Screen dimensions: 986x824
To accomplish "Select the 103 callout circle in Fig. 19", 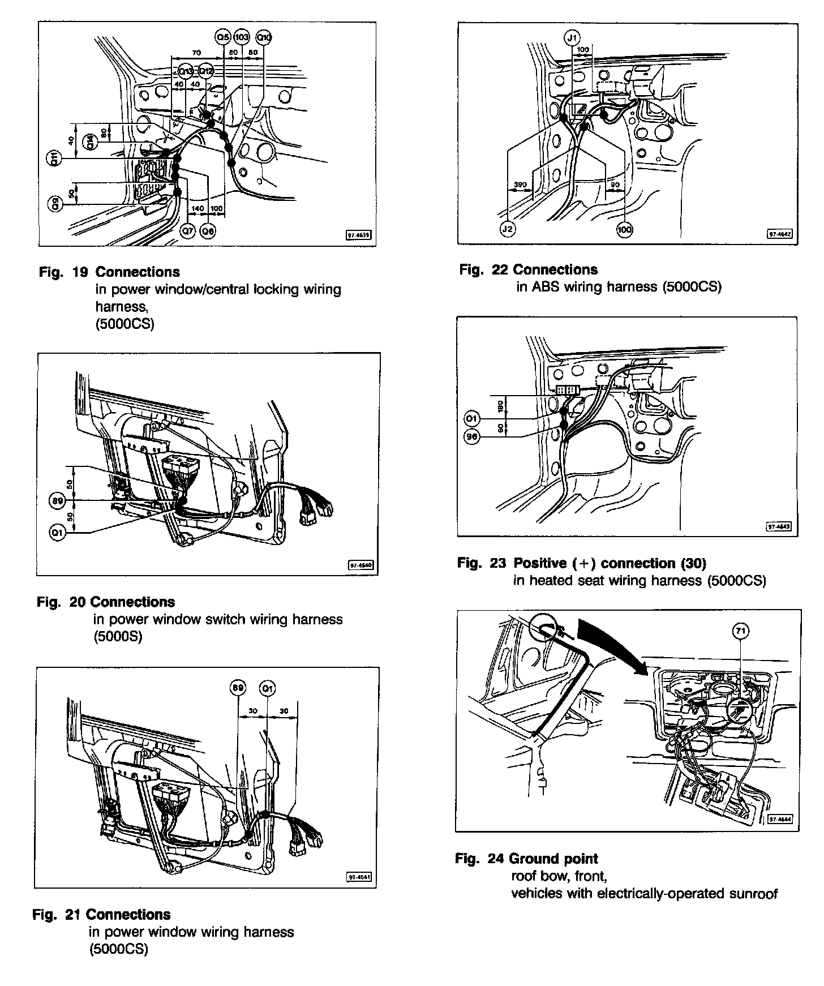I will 242,37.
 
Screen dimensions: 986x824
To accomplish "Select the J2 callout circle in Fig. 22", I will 508,229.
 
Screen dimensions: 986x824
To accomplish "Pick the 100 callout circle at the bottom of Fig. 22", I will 625,229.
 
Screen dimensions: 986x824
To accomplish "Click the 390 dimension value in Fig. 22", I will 520,185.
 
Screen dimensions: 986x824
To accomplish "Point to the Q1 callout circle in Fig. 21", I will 267,688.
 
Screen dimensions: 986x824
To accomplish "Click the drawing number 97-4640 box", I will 360,565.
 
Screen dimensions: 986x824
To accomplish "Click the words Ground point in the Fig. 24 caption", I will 553,859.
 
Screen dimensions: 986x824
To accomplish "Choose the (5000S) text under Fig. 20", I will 118,636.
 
